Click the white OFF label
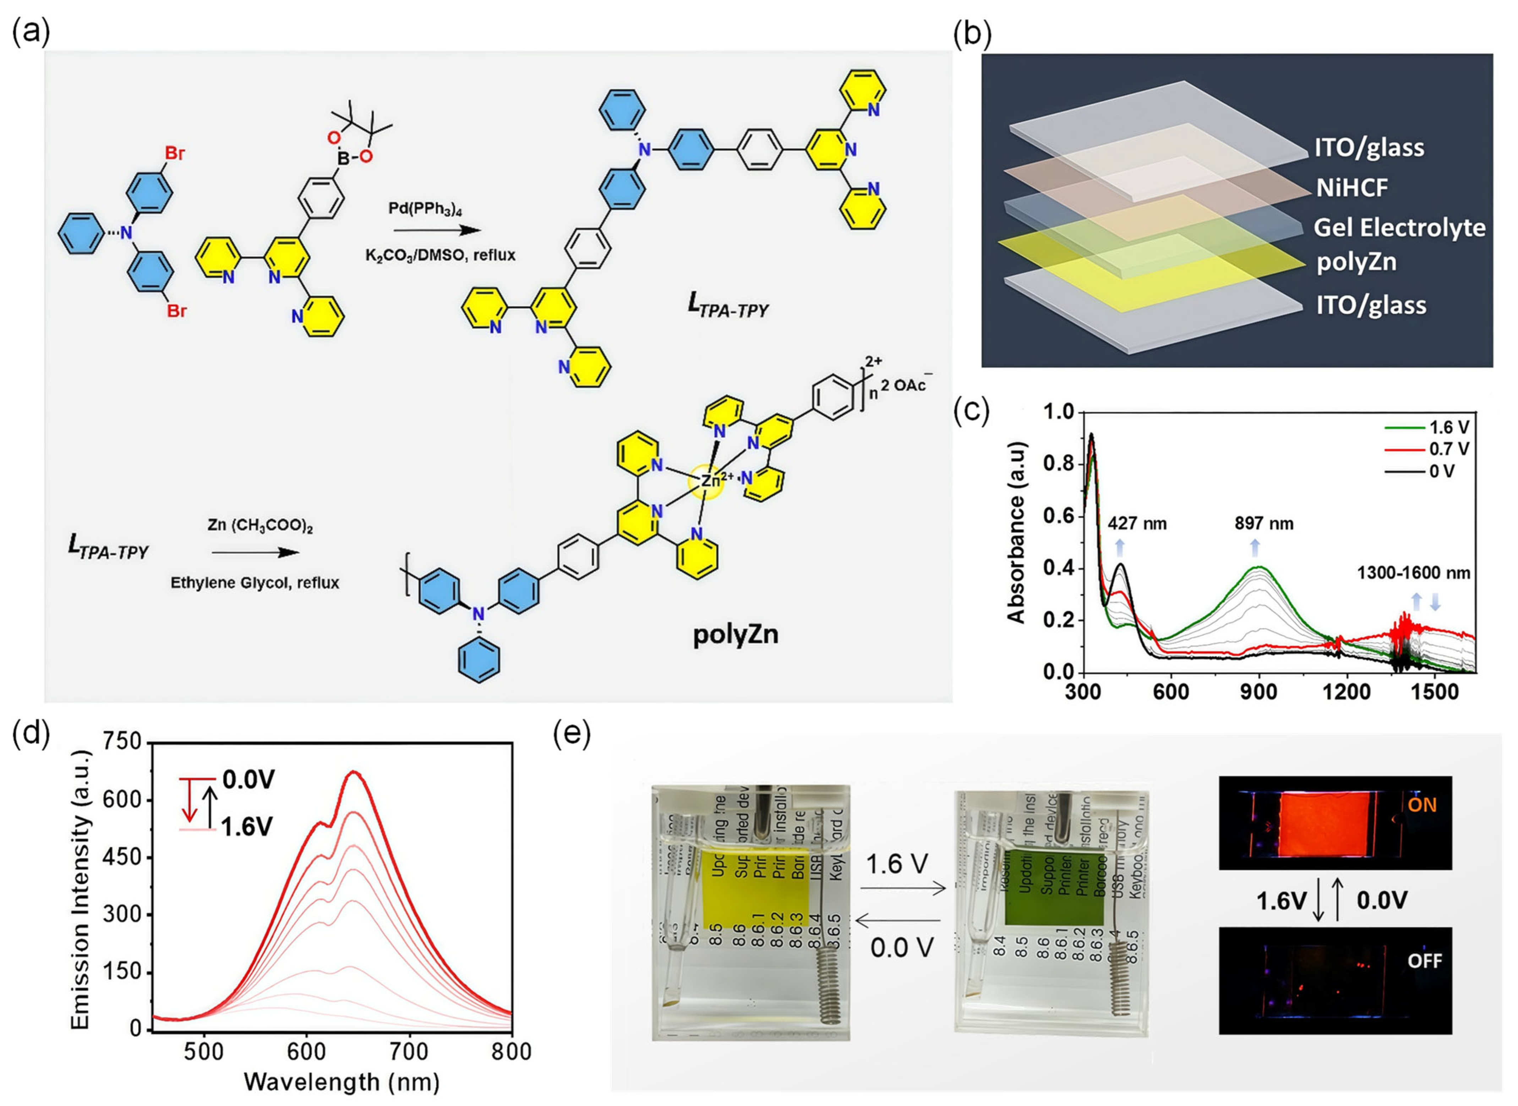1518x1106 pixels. click(x=1424, y=962)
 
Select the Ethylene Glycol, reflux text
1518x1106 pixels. click(x=255, y=582)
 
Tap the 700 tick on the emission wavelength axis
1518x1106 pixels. click(x=409, y=1051)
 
